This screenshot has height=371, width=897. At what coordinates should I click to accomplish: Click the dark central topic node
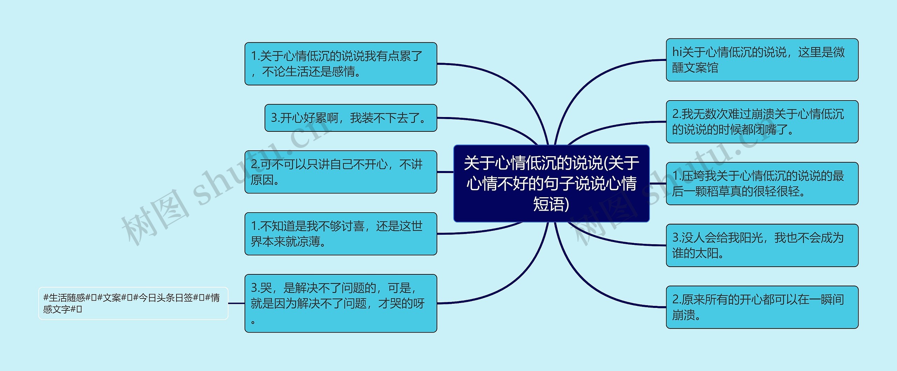click(x=551, y=183)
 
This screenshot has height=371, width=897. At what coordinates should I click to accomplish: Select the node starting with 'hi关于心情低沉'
click(x=762, y=60)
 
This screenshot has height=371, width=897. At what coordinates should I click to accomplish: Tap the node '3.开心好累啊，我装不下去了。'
click(x=350, y=118)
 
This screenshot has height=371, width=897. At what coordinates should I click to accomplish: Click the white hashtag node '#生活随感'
click(x=133, y=303)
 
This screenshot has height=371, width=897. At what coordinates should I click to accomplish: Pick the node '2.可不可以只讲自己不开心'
click(x=341, y=172)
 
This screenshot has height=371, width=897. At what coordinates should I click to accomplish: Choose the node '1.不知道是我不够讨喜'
click(x=341, y=234)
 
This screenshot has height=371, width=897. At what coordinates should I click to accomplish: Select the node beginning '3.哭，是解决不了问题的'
click(x=341, y=303)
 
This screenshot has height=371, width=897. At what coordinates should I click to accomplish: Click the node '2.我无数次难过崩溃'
click(x=762, y=122)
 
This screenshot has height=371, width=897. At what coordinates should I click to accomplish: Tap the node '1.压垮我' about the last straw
click(x=762, y=183)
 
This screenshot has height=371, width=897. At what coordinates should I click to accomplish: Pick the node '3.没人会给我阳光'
click(x=762, y=245)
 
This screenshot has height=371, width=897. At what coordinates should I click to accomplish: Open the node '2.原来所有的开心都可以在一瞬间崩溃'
click(x=762, y=307)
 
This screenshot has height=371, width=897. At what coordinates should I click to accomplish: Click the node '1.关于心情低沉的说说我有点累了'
click(x=341, y=64)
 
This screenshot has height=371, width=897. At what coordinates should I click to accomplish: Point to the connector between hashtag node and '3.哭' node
click(x=236, y=303)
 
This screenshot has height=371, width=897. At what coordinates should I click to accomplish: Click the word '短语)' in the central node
click(x=551, y=204)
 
